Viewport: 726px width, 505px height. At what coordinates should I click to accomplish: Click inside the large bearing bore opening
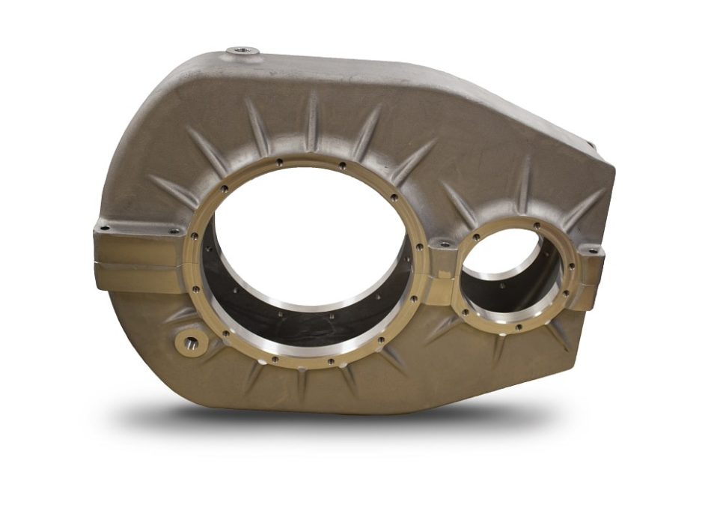point(307,240)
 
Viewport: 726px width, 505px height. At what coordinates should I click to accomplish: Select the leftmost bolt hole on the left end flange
point(106,227)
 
